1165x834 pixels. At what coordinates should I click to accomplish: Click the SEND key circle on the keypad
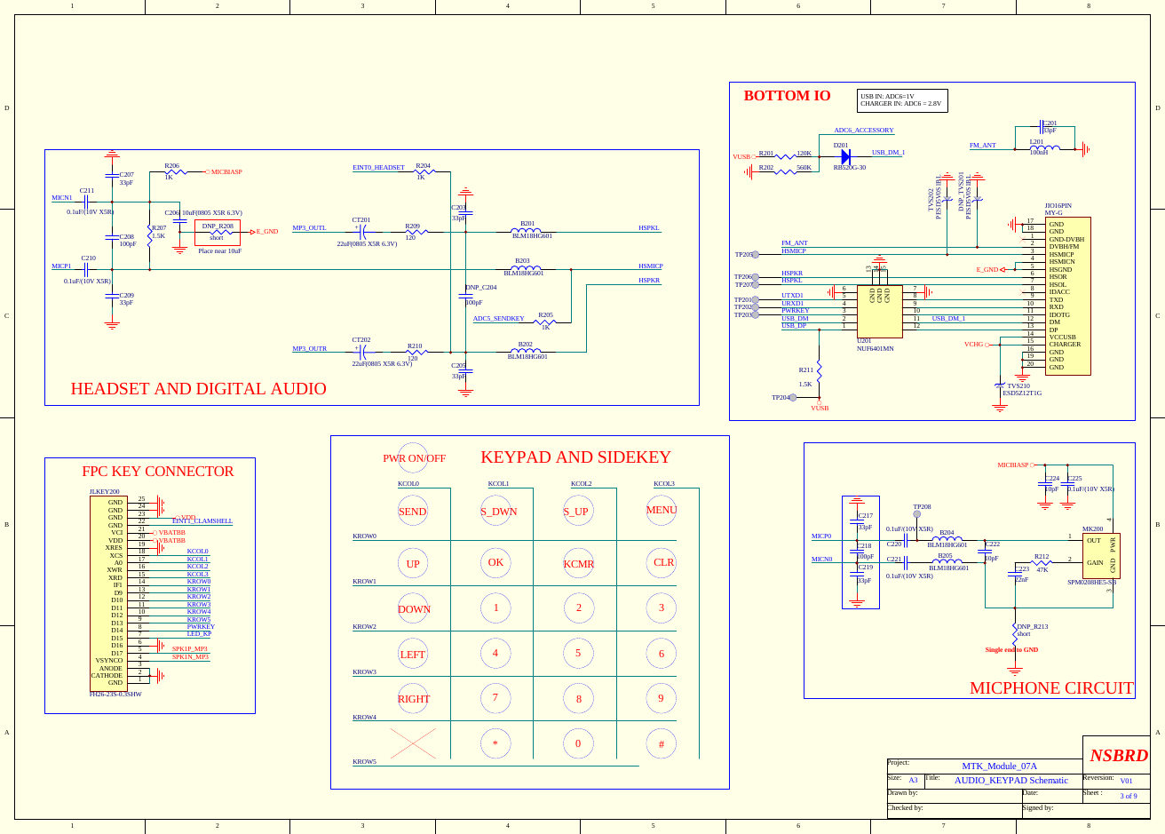(413, 511)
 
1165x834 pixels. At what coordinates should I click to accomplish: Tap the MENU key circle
(662, 510)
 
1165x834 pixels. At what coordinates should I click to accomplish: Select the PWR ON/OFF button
(413, 458)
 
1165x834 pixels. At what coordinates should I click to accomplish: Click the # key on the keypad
(662, 743)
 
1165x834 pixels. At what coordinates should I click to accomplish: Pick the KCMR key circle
(579, 563)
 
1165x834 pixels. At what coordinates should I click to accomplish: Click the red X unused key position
(413, 743)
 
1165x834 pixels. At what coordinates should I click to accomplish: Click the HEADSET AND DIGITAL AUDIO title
(198, 389)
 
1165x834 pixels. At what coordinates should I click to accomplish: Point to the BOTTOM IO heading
(787, 96)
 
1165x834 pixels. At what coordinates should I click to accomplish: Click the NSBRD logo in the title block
(1118, 756)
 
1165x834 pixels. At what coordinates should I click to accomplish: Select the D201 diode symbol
(845, 156)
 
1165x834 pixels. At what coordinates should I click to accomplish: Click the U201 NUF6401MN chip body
(879, 311)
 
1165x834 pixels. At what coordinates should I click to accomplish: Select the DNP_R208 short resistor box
(217, 233)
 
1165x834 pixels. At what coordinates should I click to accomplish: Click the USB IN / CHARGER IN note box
(902, 100)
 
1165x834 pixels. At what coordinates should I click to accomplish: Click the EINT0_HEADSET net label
(378, 167)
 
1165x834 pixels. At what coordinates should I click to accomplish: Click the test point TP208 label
(922, 506)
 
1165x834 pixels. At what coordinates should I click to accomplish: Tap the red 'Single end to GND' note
(1011, 650)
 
